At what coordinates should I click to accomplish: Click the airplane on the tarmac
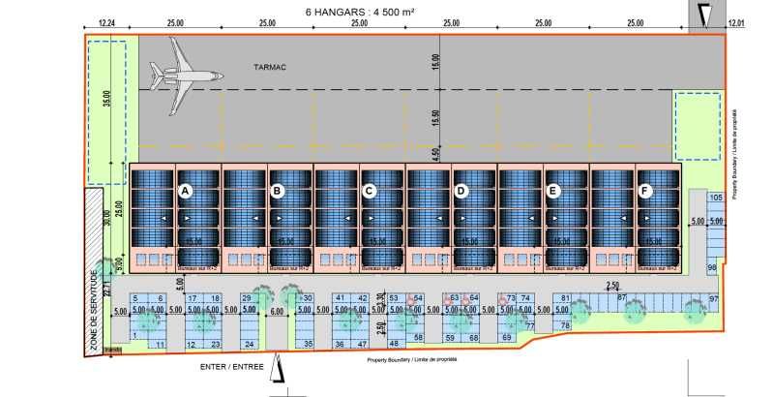(183, 76)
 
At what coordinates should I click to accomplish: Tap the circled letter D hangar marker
(461, 192)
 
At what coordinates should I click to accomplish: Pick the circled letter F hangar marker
(645, 192)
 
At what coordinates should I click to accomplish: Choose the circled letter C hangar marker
(369, 192)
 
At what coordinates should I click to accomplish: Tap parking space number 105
(715, 198)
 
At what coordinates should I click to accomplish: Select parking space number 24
(250, 344)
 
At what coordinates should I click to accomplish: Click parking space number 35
(309, 344)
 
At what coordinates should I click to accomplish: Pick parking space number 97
(713, 298)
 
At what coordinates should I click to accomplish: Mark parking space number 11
(160, 344)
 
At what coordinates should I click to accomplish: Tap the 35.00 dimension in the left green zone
(107, 102)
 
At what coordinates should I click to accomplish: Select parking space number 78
(564, 326)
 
